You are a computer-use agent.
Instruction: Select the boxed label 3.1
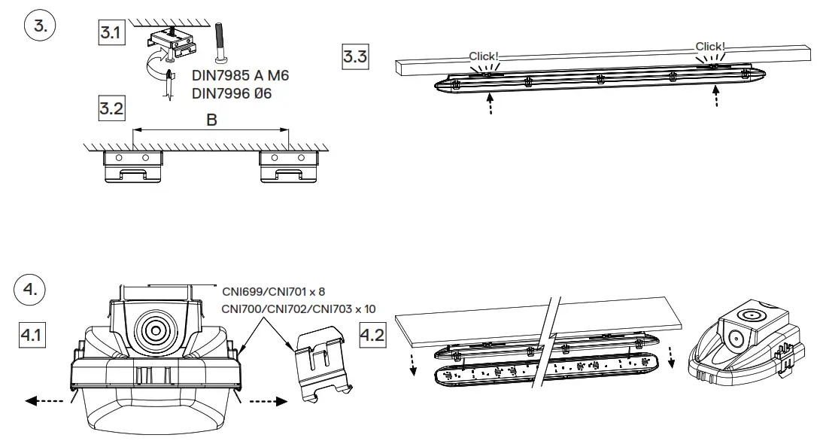click(111, 34)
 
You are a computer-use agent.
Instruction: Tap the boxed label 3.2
click(111, 109)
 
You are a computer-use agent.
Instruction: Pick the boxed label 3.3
click(355, 56)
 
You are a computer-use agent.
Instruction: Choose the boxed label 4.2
click(372, 334)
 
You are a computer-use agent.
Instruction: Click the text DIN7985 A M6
click(240, 76)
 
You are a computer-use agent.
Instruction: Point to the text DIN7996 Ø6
click(232, 93)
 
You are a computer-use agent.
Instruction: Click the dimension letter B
click(211, 120)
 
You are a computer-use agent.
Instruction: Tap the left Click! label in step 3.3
click(484, 56)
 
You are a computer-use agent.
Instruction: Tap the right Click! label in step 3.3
click(710, 47)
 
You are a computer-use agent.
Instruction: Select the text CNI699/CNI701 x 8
click(273, 290)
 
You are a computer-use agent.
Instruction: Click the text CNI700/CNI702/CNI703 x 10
click(299, 309)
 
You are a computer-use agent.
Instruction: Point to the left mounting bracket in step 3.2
click(133, 166)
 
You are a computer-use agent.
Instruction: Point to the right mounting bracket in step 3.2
click(289, 166)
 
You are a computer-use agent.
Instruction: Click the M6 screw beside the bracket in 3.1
click(220, 44)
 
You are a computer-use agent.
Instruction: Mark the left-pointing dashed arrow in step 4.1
click(44, 402)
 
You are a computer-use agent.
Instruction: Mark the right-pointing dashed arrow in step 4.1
click(269, 402)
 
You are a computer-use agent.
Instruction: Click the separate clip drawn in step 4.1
click(322, 358)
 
